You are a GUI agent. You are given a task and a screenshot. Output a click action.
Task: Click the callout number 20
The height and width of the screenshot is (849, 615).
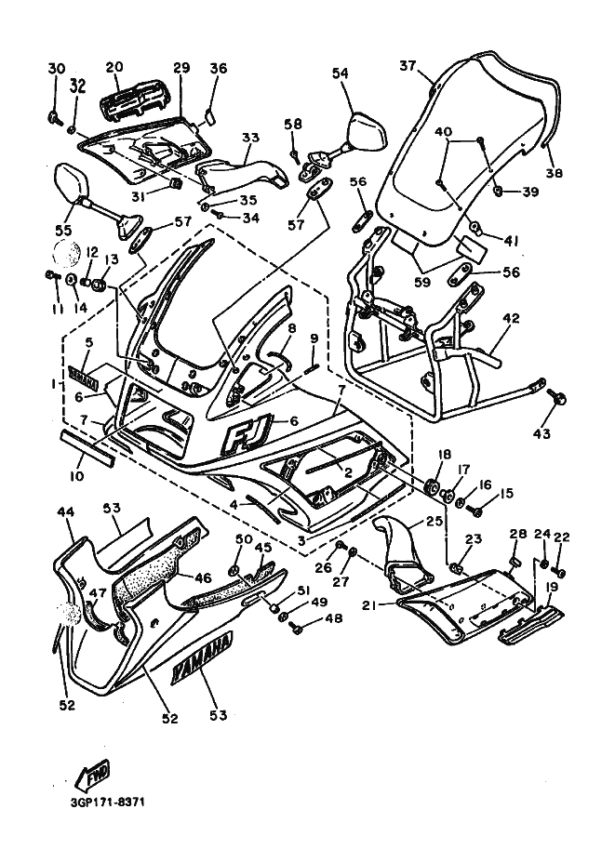[x=114, y=67]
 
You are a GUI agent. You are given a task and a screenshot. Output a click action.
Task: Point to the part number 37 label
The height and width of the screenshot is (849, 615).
[x=408, y=66]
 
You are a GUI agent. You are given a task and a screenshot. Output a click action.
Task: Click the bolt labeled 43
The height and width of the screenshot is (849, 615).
[x=560, y=397]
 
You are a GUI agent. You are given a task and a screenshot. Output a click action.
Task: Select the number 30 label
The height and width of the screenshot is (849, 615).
[x=56, y=69]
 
